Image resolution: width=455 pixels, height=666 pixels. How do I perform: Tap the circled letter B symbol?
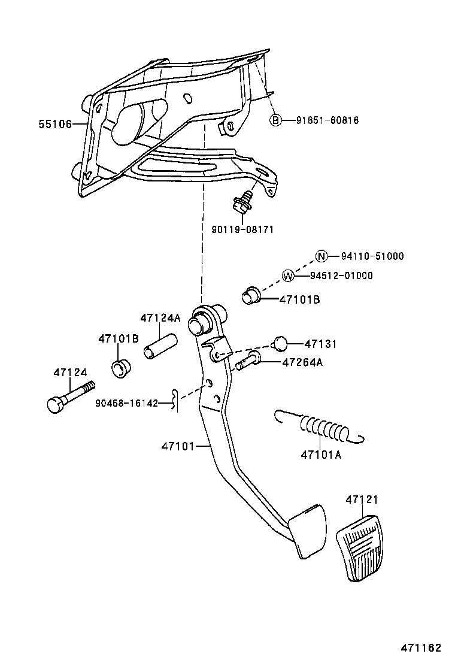275,120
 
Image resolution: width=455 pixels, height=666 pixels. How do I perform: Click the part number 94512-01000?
341,276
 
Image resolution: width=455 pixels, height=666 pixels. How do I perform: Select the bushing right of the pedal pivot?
250,296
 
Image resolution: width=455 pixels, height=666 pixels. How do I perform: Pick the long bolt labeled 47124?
69,396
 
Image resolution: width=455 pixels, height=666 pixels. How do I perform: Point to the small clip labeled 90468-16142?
174,401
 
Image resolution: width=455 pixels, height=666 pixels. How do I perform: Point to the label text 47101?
178,446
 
